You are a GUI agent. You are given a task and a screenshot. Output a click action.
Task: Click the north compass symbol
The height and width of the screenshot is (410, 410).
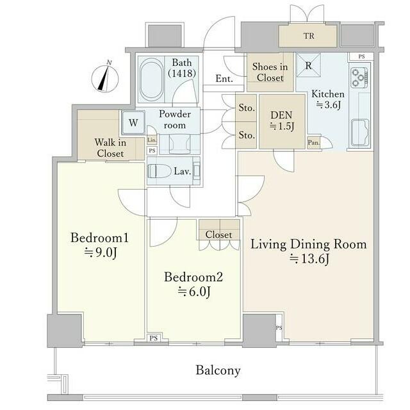(x=105, y=78)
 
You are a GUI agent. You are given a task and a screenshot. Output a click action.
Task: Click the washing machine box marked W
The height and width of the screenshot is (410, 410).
(x=133, y=122)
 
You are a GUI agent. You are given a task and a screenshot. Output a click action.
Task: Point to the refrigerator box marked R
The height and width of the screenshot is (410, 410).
(x=308, y=65)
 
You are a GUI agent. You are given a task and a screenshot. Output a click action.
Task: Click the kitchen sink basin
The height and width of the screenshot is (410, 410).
(x=360, y=132)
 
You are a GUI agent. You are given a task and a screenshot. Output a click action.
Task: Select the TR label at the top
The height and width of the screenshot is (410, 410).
(x=309, y=36)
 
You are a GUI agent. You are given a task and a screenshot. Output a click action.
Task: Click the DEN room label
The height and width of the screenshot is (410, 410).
(x=282, y=115)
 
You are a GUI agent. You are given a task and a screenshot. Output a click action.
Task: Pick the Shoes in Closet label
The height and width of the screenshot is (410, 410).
(x=270, y=72)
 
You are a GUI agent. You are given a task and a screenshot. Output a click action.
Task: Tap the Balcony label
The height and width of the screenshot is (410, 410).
(x=218, y=370)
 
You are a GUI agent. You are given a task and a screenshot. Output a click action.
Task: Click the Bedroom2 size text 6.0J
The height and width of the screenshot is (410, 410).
(x=194, y=291)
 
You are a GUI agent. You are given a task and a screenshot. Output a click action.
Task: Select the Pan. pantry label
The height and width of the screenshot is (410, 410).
(x=313, y=143)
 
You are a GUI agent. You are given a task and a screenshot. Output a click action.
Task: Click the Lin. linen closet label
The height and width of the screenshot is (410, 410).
(x=152, y=140)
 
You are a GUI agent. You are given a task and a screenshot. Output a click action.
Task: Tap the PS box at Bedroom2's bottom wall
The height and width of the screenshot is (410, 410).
(x=154, y=338)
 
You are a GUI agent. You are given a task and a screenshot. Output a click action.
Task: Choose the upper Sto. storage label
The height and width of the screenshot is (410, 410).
(x=247, y=108)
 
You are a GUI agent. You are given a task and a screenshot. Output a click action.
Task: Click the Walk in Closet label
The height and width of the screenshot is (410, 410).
(x=110, y=148)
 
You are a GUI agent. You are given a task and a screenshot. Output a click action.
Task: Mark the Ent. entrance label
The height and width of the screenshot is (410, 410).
(x=224, y=79)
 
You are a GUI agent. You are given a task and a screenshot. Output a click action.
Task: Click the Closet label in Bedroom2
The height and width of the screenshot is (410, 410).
(x=218, y=234)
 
